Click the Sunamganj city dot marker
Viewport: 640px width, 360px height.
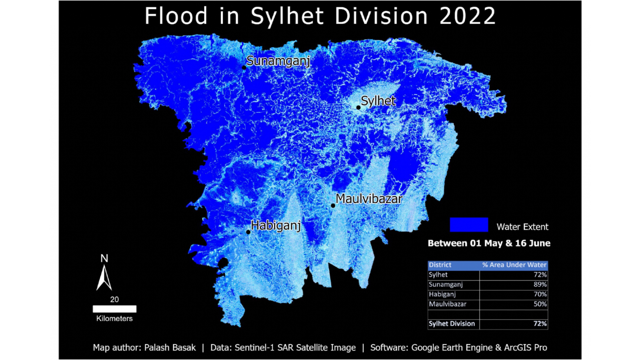tap(244, 68)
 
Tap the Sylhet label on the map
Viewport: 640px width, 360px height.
tap(378, 101)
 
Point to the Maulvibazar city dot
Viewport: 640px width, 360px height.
tap(333, 206)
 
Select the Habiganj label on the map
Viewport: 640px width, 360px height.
tap(276, 226)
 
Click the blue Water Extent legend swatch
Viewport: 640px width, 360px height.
tap(469, 225)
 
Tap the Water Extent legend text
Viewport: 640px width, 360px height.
tap(522, 227)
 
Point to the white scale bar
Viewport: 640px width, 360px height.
tap(114, 309)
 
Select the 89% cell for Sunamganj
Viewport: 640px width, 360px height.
tap(540, 285)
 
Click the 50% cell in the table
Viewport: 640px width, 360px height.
tap(540, 304)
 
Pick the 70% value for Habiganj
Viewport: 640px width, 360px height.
tap(540, 294)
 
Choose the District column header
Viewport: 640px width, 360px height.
tap(440, 265)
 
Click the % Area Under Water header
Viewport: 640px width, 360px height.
tap(514, 265)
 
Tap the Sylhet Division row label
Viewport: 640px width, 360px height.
tap(452, 324)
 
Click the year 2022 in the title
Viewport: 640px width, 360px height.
tap(467, 16)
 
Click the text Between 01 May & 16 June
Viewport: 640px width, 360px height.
tap(489, 243)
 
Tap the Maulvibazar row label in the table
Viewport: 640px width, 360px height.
tap(447, 304)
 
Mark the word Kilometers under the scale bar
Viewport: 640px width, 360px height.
tap(114, 319)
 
